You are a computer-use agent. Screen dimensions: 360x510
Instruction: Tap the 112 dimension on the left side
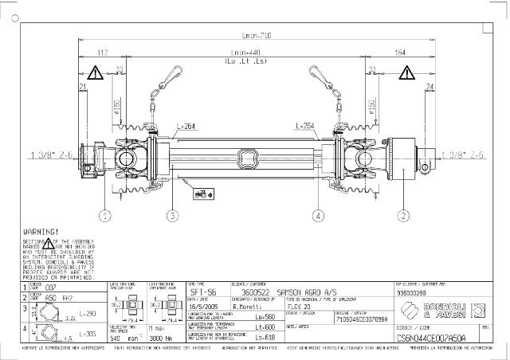[102, 53]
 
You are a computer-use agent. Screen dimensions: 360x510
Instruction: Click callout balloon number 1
[104, 214]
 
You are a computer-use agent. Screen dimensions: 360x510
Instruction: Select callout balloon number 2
[403, 214]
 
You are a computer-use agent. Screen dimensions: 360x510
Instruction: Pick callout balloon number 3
[172, 214]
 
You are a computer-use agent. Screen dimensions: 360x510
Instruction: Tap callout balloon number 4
[319, 214]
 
